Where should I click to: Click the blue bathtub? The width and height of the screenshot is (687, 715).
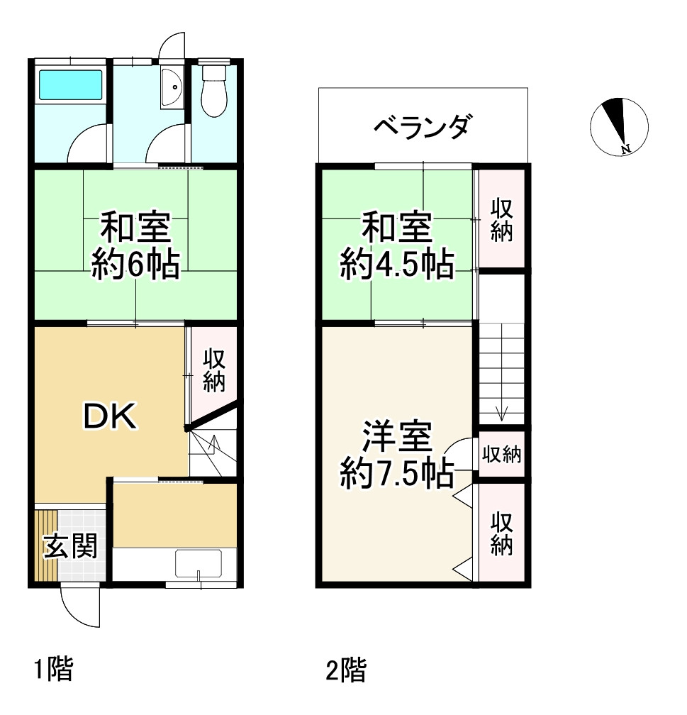(x=70, y=85)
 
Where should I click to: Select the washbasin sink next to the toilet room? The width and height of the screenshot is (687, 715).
(x=172, y=87)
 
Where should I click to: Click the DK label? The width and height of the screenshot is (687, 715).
(x=110, y=416)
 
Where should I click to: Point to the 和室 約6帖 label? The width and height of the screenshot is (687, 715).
(x=135, y=245)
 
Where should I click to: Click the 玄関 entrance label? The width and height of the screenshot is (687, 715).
(x=71, y=546)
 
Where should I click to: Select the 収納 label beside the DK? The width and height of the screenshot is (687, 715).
(x=214, y=370)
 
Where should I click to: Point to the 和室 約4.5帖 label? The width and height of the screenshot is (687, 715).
(x=396, y=245)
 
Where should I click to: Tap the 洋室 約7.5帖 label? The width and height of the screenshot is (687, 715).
(x=396, y=455)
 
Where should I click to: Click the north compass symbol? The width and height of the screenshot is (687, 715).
(x=619, y=126)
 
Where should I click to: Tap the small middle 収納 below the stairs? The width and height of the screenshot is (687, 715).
(x=501, y=454)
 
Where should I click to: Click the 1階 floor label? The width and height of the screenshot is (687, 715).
(x=54, y=670)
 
